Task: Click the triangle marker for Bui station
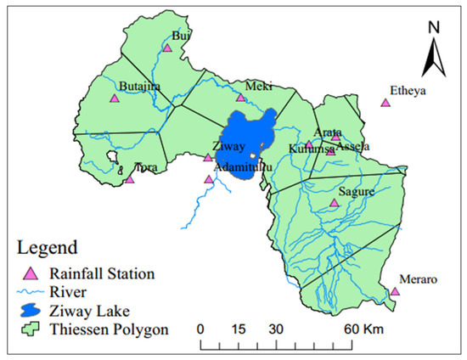166,50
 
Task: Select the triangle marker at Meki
241,98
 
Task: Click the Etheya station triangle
385,103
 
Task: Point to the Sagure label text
354,193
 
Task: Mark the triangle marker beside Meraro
395,292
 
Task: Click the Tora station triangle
130,179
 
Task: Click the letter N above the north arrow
432,28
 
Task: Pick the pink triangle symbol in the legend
31,273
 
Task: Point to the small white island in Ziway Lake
253,156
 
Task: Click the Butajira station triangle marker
114,98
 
